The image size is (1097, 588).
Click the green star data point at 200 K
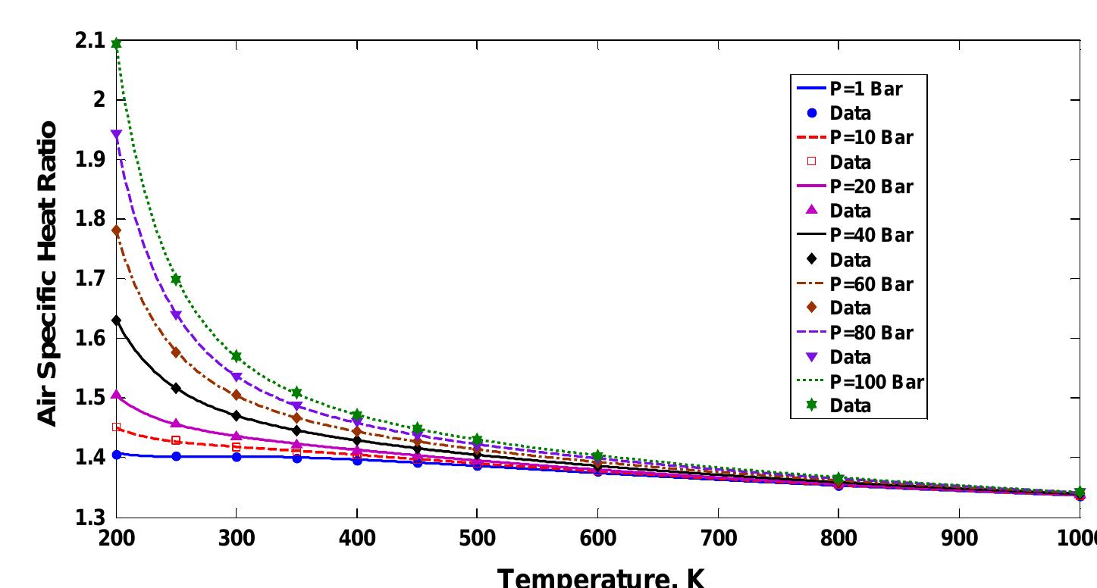(116, 44)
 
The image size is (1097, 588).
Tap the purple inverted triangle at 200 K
(116, 135)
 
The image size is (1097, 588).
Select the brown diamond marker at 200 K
(116, 230)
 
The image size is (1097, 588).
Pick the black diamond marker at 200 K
(116, 321)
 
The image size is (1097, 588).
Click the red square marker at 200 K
(116, 427)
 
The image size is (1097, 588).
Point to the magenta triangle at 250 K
(176, 424)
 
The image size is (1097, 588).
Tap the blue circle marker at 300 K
(237, 457)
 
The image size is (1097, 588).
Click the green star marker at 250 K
(176, 280)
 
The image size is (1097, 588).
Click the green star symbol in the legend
(812, 405)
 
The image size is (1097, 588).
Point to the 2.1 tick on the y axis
(89, 41)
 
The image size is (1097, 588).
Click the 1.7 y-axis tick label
(89, 279)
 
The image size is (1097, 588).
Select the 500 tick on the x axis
(477, 538)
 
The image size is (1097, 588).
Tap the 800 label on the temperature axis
(838, 538)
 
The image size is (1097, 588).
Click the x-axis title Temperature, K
(600, 578)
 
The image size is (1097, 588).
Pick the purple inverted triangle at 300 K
(237, 377)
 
